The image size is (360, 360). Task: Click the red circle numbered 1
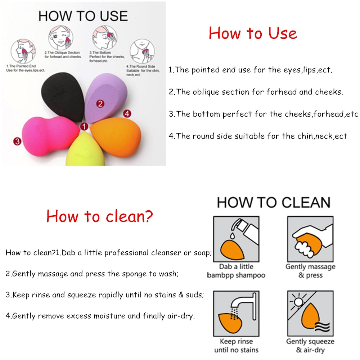[x=84, y=126]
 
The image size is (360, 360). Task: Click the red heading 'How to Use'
[x=253, y=33]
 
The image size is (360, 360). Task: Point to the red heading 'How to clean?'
[x=99, y=216]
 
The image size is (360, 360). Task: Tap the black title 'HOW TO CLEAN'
[x=274, y=203]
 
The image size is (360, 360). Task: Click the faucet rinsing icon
[x=236, y=313]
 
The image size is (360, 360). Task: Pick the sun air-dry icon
[x=310, y=313]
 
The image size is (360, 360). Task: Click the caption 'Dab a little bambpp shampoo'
[x=236, y=271]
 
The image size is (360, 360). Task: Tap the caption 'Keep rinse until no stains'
[x=236, y=346]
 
